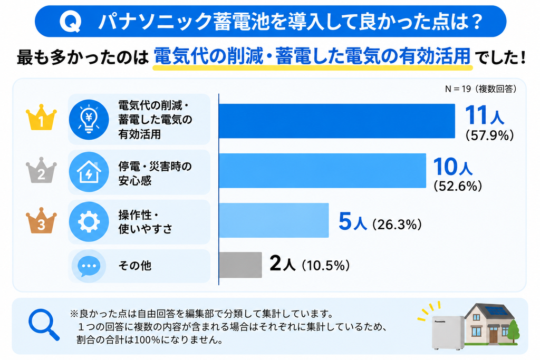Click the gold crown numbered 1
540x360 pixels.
[41, 118]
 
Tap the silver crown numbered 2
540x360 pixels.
[41, 171]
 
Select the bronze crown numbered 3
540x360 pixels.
[41, 221]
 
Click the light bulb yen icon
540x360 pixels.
[89, 120]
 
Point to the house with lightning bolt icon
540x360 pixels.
[89, 172]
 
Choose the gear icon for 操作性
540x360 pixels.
[89, 222]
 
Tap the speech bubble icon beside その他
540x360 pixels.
[89, 266]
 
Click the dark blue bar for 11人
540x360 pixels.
[337, 121]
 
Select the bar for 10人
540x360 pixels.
[322, 171]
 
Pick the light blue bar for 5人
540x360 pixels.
[274, 220]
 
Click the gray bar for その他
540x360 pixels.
[240, 265]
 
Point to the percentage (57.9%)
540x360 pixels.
[489, 135]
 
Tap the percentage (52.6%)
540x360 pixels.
[458, 186]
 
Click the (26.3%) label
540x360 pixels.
[397, 225]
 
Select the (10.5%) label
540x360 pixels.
[326, 266]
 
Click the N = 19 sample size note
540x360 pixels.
[481, 89]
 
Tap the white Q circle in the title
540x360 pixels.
[71, 22]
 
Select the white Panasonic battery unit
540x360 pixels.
[448, 333]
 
